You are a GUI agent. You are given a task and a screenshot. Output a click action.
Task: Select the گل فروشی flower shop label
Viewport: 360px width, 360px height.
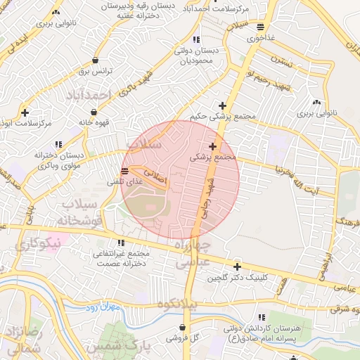(x=182, y=338)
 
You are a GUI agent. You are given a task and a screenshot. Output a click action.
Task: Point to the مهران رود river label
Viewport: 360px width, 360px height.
(x=98, y=308)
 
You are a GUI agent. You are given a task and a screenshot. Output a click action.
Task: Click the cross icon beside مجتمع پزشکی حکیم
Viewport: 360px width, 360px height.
(x=223, y=105)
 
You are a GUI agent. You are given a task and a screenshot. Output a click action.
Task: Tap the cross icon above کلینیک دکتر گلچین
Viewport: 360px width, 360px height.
(x=237, y=266)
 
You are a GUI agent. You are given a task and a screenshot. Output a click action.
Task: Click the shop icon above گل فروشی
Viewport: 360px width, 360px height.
(x=182, y=327)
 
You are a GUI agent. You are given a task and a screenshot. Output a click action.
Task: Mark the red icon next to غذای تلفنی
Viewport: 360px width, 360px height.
(x=124, y=171)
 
